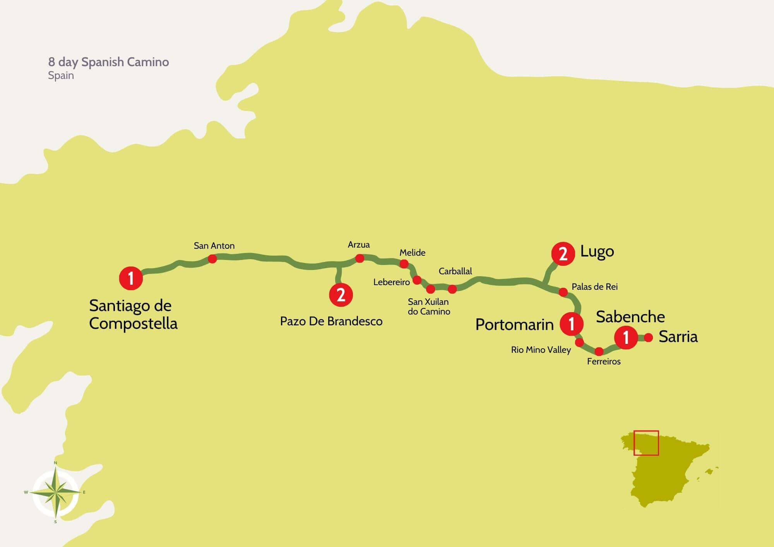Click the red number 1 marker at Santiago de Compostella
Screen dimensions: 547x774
(x=131, y=278)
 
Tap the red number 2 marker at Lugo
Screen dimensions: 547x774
(x=563, y=254)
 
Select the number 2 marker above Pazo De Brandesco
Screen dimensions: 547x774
(x=341, y=295)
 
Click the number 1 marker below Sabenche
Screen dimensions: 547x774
(x=626, y=337)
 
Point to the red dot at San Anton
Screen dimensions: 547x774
(x=212, y=259)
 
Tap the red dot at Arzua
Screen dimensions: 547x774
(x=360, y=258)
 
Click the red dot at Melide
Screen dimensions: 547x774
(x=404, y=264)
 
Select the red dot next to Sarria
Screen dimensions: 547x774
(x=649, y=337)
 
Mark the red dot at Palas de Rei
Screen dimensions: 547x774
(x=563, y=292)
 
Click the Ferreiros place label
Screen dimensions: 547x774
(x=604, y=361)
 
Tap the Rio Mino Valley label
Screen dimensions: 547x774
(x=541, y=350)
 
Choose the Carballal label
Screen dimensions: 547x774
(x=455, y=271)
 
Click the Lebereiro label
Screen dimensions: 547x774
(x=391, y=282)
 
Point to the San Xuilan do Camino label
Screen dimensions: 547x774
(x=429, y=306)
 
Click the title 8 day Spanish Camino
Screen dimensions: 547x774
(x=108, y=62)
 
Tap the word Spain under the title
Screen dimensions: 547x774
(x=61, y=75)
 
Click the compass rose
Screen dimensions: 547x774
(x=56, y=492)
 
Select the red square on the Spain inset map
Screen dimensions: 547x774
(x=646, y=443)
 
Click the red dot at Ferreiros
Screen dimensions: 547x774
(x=599, y=352)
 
